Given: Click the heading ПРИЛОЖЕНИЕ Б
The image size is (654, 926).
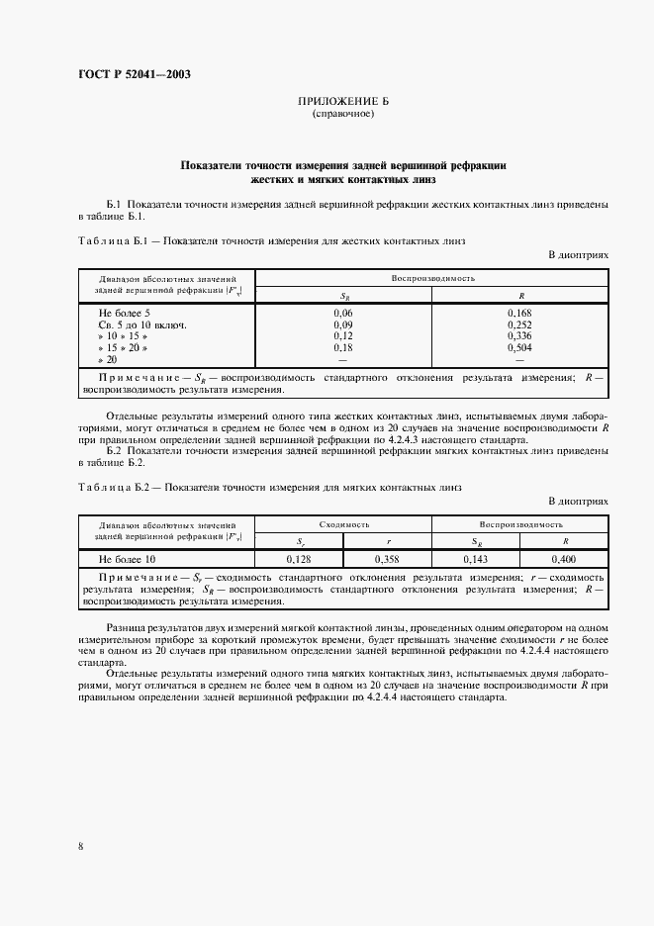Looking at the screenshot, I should click(x=343, y=102).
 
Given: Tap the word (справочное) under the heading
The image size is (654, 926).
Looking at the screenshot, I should click(x=343, y=114).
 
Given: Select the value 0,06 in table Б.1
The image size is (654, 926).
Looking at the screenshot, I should click(x=343, y=313).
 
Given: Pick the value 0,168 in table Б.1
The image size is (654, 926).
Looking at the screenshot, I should click(x=520, y=313).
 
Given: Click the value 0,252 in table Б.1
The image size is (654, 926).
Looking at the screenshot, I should click(x=520, y=324).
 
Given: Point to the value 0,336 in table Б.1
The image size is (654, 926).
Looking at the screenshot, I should click(x=520, y=336).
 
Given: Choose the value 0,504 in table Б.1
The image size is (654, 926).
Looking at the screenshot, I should click(x=520, y=348).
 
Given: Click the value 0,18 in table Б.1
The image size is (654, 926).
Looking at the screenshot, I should click(x=343, y=348).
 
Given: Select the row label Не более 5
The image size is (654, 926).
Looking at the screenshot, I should click(x=124, y=313).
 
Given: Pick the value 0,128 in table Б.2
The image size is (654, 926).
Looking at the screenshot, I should click(x=300, y=560).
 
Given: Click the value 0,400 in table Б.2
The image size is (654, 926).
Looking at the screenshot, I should click(x=565, y=560).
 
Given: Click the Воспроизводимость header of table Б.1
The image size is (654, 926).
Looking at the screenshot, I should click(x=432, y=279).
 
